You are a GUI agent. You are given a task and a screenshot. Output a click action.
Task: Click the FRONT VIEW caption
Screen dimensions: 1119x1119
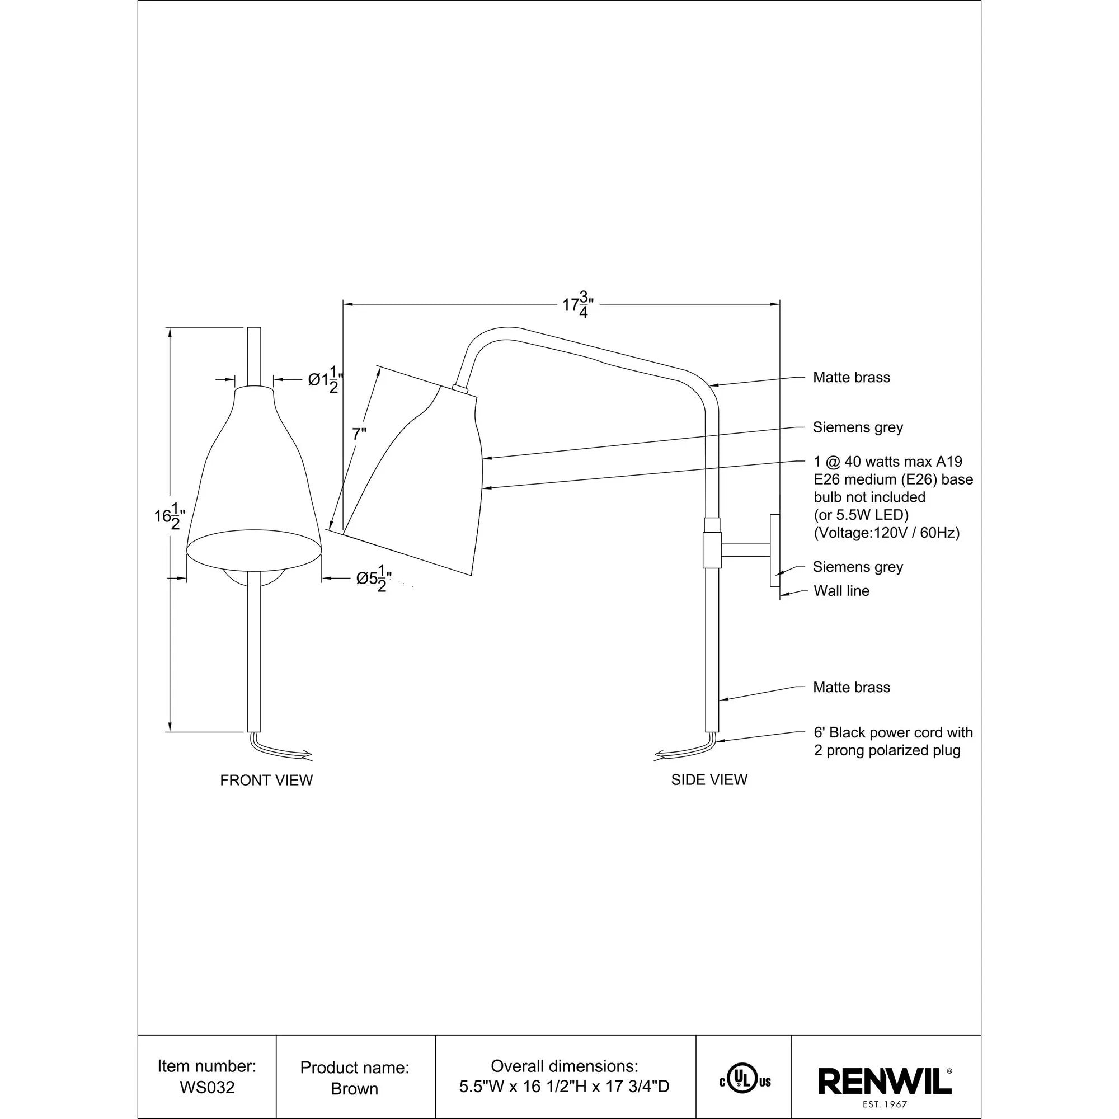266,780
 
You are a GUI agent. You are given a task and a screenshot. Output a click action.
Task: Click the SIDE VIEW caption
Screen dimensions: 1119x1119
709,779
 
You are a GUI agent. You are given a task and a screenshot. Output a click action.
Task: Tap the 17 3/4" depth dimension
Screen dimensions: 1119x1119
578,305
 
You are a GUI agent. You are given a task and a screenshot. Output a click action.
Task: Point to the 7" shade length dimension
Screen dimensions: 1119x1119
359,434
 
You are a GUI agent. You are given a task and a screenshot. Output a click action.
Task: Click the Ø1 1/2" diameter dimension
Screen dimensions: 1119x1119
325,380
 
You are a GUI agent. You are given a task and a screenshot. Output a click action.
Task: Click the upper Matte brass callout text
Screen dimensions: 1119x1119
851,378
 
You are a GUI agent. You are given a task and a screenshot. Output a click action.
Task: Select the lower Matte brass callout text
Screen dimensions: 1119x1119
851,688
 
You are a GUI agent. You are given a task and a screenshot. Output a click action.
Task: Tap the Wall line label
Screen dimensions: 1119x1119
841,591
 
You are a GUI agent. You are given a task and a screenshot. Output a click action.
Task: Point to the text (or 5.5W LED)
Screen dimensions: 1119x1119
861,515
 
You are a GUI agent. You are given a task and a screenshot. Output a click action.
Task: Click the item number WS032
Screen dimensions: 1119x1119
207,1088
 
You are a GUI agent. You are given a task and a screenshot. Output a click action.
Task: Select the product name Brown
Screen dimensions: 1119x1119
355,1089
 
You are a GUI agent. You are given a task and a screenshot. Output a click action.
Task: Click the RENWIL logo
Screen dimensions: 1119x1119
885,1082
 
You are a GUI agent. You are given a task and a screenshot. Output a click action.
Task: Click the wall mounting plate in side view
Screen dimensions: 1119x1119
774,550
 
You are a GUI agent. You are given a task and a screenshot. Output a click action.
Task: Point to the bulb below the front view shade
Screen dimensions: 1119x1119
254,577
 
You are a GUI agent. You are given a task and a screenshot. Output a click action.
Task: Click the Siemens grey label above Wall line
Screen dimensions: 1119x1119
857,567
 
